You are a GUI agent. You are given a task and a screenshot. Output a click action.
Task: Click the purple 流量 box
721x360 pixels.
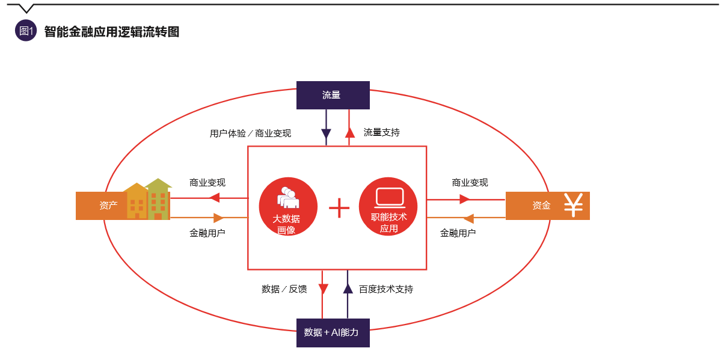[x=333, y=95]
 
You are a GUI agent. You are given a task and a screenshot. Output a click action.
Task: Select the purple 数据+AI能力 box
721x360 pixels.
[x=333, y=332]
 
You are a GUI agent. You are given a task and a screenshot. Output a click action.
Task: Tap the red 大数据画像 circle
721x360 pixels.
[x=288, y=207]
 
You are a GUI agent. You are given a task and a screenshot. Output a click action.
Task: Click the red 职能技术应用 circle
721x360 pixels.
[x=388, y=207]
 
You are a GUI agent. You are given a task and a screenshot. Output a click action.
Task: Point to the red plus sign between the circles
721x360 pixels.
[x=339, y=207]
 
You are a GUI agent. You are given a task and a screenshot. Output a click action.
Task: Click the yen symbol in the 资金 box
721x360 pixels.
[x=573, y=206]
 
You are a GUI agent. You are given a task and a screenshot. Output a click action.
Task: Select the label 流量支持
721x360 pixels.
[x=381, y=132]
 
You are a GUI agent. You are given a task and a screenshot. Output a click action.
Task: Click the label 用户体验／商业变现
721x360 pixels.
[x=250, y=133]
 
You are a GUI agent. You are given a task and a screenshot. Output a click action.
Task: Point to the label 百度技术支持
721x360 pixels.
[x=386, y=289]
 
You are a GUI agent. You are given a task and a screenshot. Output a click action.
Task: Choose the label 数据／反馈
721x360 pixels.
[x=284, y=289]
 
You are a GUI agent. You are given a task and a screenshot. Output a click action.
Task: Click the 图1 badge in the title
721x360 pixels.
[x=26, y=31]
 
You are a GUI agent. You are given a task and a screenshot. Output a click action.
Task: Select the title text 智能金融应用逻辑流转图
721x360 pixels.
[x=112, y=32]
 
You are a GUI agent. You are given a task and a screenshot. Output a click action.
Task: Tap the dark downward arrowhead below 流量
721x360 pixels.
[x=326, y=134]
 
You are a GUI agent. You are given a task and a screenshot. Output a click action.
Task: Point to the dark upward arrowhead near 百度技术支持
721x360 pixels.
[x=348, y=288]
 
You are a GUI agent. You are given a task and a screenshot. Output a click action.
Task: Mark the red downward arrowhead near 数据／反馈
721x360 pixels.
[x=323, y=288]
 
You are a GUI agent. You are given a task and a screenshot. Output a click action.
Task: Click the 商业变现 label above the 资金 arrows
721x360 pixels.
[x=470, y=183]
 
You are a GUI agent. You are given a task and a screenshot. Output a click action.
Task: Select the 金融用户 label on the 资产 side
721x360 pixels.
[x=207, y=233]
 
